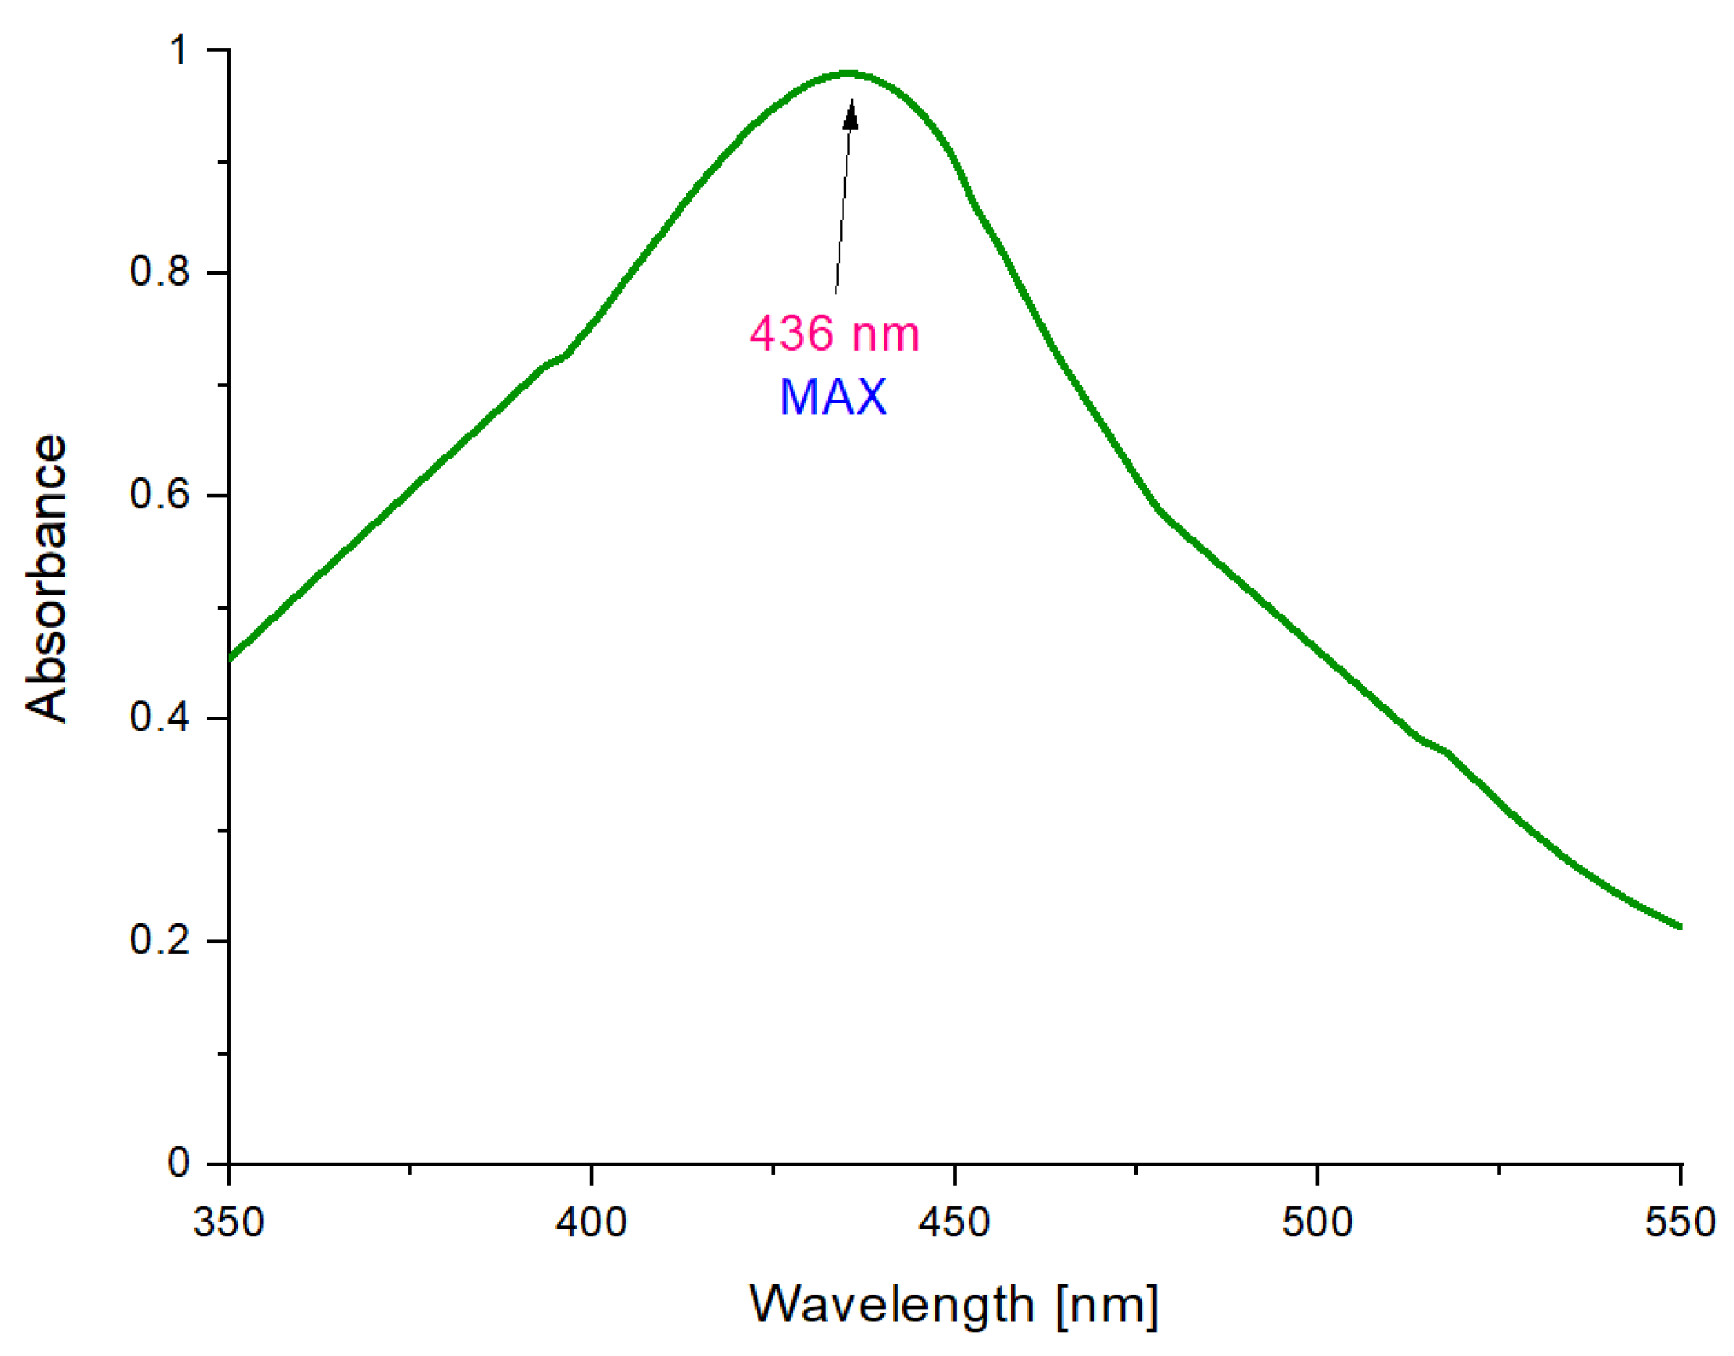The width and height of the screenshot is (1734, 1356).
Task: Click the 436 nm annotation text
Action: [835, 333]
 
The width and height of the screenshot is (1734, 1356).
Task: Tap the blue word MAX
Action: [833, 397]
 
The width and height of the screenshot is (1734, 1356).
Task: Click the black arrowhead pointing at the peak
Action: [850, 115]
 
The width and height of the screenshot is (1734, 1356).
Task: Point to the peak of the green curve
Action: [848, 74]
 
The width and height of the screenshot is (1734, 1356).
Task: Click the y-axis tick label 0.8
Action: [160, 271]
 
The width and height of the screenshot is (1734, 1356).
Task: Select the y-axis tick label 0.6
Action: [160, 495]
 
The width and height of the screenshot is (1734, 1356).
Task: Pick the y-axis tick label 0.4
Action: [160, 717]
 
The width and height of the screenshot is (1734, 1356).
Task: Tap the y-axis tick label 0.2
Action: [160, 940]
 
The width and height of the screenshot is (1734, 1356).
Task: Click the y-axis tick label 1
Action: [179, 51]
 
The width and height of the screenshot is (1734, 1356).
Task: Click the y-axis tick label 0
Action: [179, 1163]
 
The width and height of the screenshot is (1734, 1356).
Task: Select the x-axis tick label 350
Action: [229, 1222]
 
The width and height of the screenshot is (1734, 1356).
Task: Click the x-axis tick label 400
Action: [592, 1222]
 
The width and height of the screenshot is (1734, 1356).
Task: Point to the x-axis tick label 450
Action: [954, 1222]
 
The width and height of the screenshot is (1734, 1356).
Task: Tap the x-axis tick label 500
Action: [1317, 1222]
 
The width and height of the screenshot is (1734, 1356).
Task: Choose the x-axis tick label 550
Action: [1680, 1222]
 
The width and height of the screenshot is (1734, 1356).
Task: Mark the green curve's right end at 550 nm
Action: [1678, 926]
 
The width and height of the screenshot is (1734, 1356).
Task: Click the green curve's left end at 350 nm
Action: [231, 658]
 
